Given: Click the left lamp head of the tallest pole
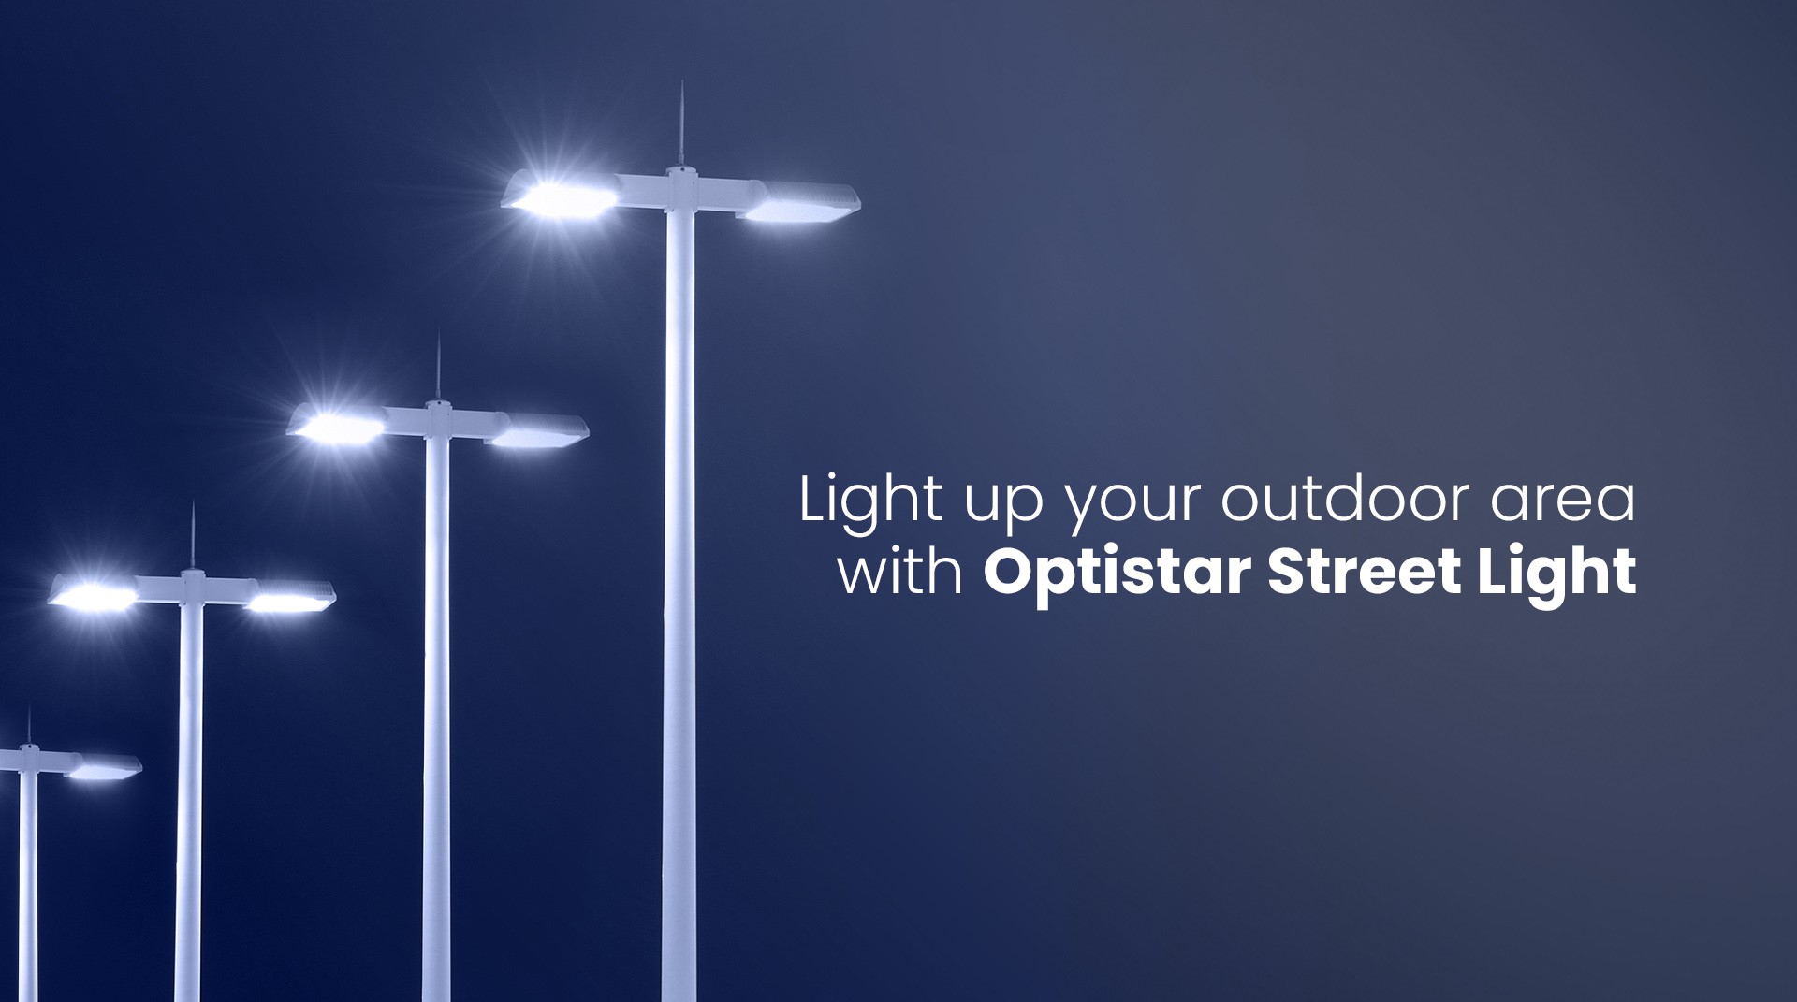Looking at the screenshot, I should pyautogui.click(x=560, y=197).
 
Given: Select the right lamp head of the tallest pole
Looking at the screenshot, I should pyautogui.click(x=801, y=205).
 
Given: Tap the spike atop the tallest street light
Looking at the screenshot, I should pyautogui.click(x=681, y=122).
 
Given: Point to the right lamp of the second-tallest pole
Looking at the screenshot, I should pyautogui.click(x=537, y=431).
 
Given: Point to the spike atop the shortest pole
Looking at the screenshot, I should pyautogui.click(x=28, y=725).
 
